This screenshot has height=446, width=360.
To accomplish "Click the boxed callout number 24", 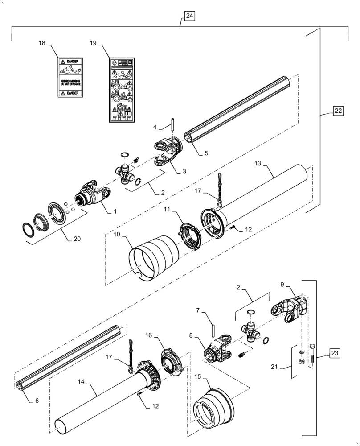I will click(189, 16).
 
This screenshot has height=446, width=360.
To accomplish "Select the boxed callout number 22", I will click(338, 111).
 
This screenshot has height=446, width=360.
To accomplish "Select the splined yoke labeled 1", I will click(93, 192).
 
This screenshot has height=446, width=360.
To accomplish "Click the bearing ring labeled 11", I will click(190, 235).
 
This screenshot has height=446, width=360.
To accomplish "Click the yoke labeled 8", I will click(217, 350).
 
